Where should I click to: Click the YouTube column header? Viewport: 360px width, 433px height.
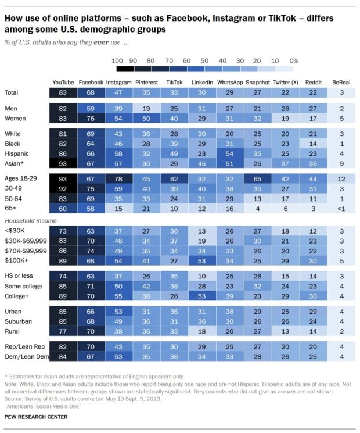[x=63, y=83]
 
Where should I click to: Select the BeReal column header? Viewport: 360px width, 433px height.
[x=340, y=83]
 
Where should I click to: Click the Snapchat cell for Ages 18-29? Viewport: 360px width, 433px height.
[x=257, y=179]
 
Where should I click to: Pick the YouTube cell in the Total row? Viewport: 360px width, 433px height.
[x=63, y=92]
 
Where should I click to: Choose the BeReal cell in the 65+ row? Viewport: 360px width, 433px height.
[x=340, y=207]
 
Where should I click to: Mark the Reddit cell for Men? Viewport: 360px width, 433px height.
[x=312, y=109]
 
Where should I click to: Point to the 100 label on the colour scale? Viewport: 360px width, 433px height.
[x=116, y=60]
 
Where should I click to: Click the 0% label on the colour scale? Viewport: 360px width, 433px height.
[x=294, y=60]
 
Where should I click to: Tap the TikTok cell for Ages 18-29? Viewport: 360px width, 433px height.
[x=174, y=179]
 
